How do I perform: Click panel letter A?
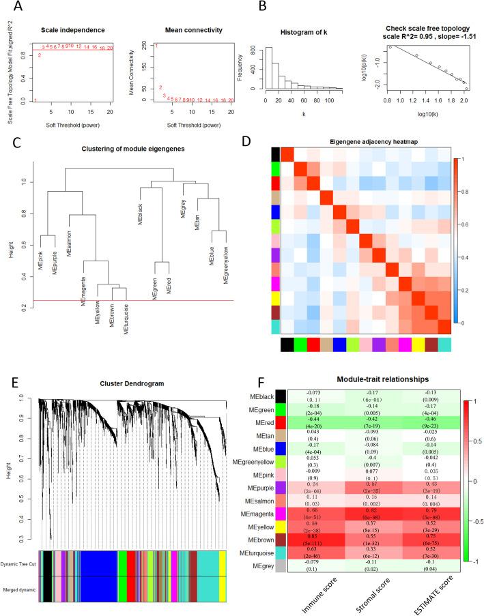(x=12, y=9)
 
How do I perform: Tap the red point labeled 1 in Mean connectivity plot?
(x=156, y=46)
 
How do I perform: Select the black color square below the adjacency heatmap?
(x=288, y=344)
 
